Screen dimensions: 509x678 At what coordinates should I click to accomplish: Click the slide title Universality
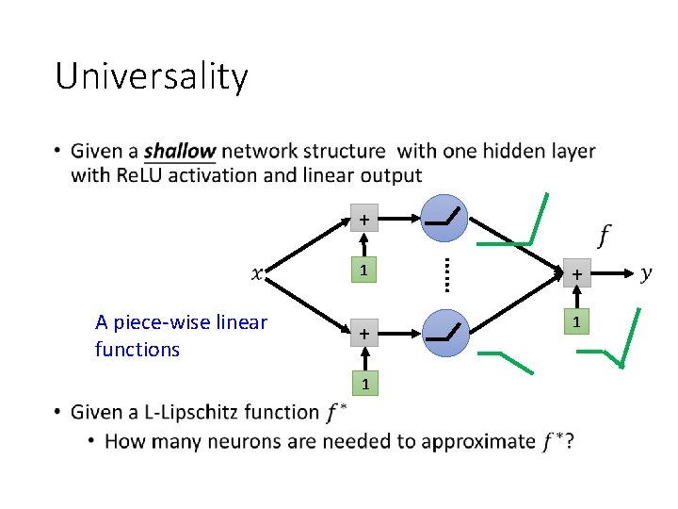coord(152,76)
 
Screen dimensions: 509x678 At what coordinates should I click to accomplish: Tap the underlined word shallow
coord(179,151)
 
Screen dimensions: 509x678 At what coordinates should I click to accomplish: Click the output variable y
coord(646,273)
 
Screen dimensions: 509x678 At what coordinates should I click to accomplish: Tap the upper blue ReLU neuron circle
coord(445,219)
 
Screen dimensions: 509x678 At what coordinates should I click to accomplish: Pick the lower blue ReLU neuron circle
coord(445,333)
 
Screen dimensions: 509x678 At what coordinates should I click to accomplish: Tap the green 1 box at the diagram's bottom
coord(364,384)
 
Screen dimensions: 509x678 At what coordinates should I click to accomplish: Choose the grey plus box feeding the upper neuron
coord(364,220)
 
